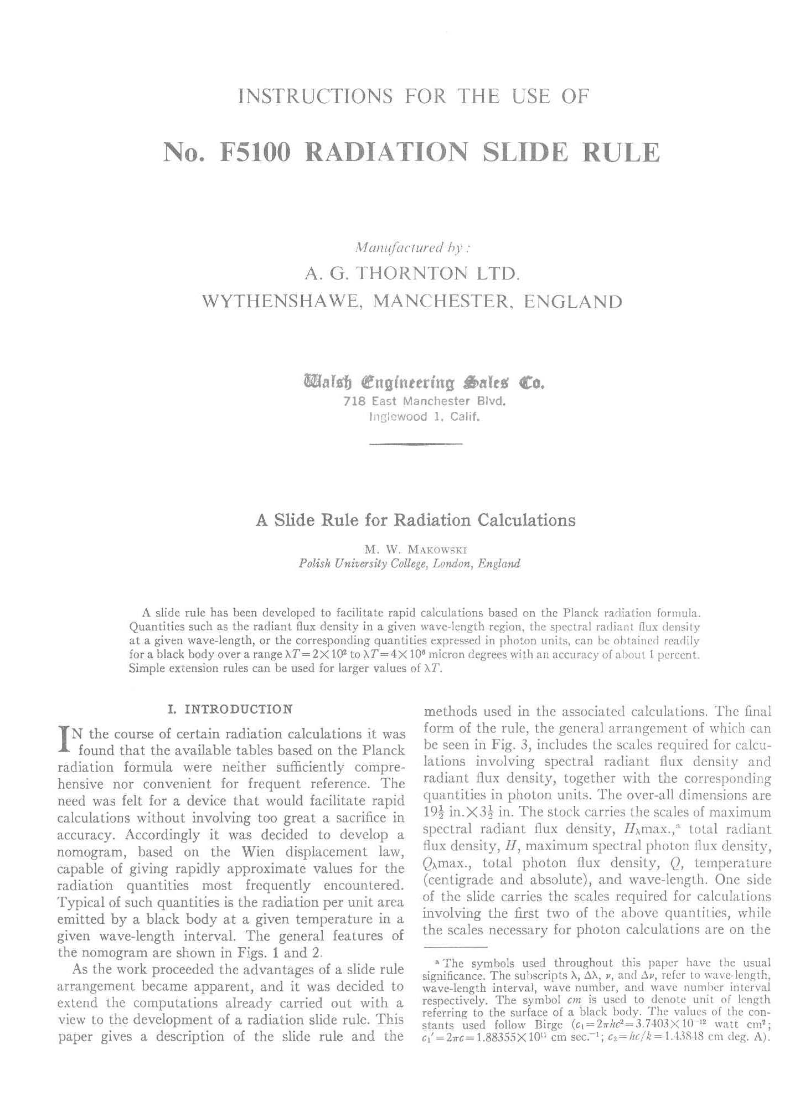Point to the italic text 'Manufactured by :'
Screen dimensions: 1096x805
pyautogui.click(x=412, y=246)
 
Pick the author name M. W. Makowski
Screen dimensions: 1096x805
pyautogui.click(x=416, y=550)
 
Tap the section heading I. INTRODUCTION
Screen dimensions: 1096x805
pyautogui.click(x=230, y=709)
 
